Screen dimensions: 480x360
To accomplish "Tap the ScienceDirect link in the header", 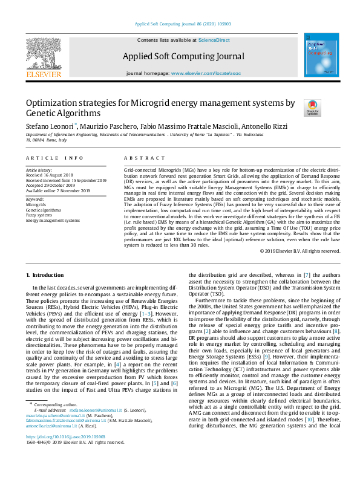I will [214, 40].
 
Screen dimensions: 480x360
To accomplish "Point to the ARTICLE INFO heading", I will [55, 158].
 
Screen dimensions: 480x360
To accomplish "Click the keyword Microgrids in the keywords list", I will [36, 205].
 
